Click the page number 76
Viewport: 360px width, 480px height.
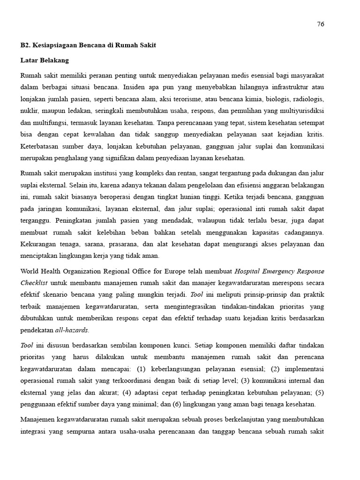pyautogui.click(x=321, y=24)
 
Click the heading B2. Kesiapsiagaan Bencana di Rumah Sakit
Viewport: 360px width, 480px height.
pyautogui.click(x=88, y=45)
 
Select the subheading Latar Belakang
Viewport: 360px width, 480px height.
pyautogui.click(x=45, y=60)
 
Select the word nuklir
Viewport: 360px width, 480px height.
pyautogui.click(x=29, y=111)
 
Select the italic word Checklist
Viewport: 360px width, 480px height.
pyautogui.click(x=34, y=283)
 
